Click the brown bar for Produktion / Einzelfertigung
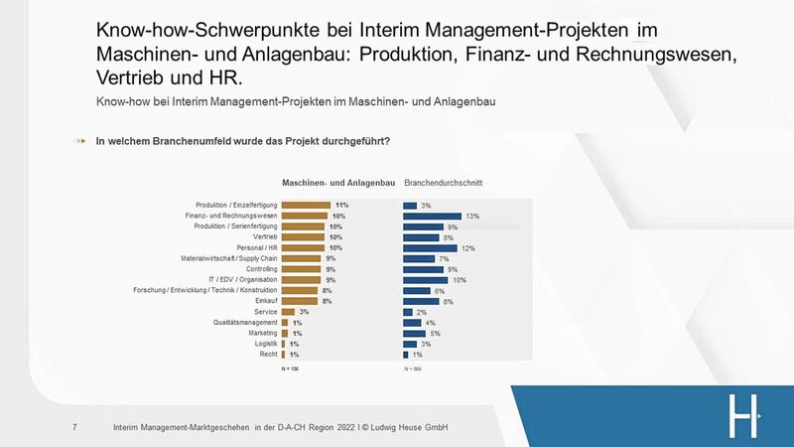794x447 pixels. point(306,205)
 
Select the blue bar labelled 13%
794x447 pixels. point(432,216)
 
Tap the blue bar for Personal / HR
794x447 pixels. point(430,247)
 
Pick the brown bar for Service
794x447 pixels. point(288,312)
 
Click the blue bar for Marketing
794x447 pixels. point(414,333)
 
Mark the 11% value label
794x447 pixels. point(342,205)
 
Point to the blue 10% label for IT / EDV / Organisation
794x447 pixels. point(459,280)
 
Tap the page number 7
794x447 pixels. point(75,428)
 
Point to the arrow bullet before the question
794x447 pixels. point(80,141)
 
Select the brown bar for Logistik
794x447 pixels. point(284,344)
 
